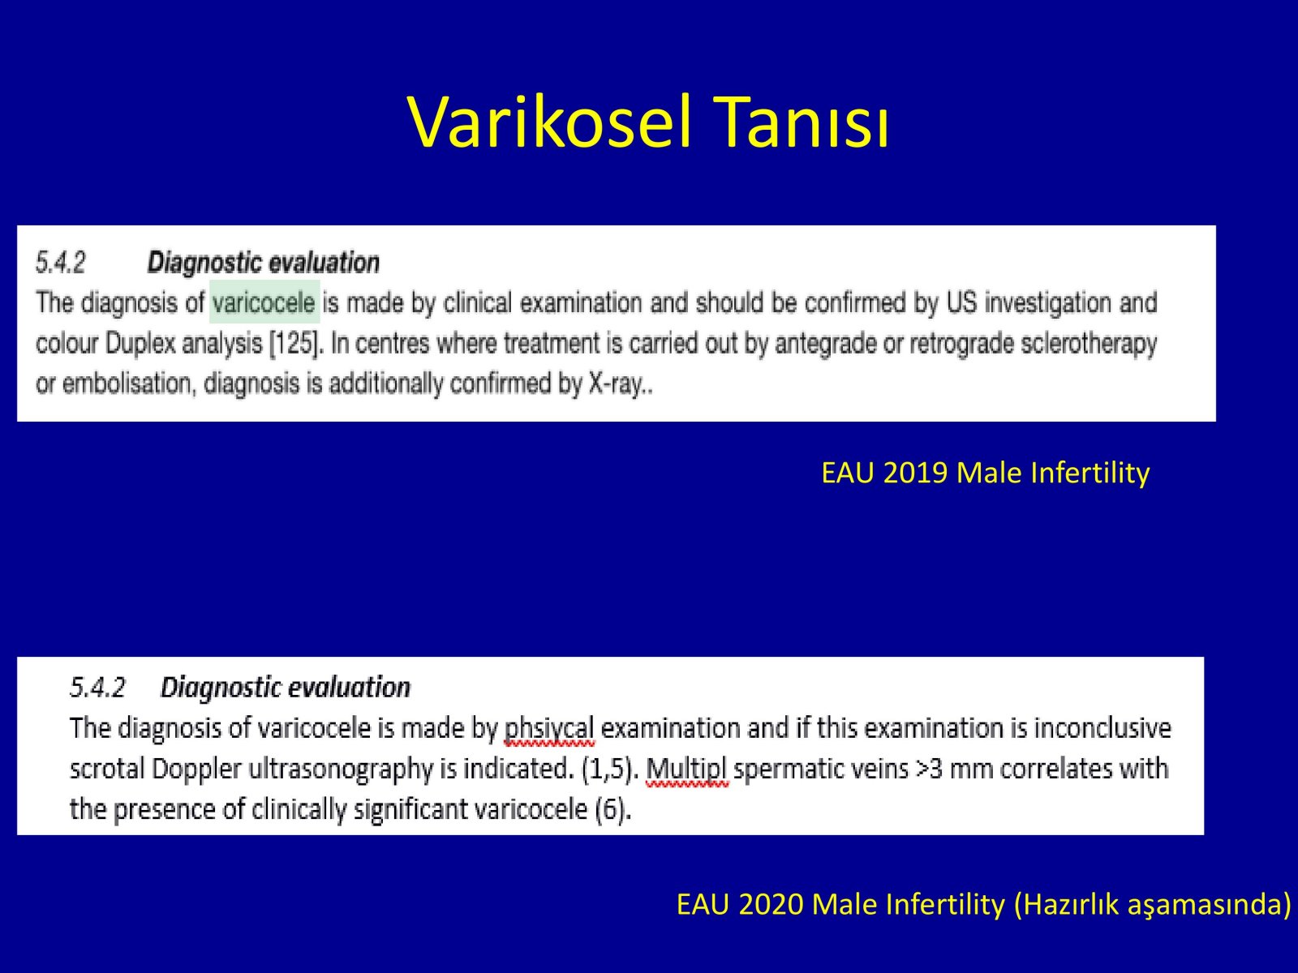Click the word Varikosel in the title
pos(549,122)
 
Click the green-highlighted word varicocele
pos(264,303)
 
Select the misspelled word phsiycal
pos(548,729)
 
